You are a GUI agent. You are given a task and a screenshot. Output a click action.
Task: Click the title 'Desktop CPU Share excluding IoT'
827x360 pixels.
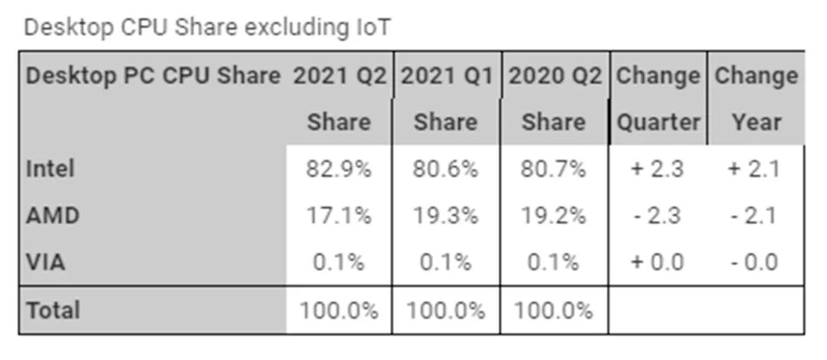tap(207, 27)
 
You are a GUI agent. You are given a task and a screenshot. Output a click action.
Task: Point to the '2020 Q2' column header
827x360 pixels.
tap(554, 76)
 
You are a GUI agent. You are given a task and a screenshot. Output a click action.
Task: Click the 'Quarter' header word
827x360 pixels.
tap(658, 122)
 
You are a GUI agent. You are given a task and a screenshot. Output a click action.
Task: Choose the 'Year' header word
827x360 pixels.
tap(757, 122)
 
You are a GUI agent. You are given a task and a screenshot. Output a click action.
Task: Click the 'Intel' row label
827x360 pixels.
tap(51, 169)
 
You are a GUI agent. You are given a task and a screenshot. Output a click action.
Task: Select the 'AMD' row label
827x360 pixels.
tap(53, 215)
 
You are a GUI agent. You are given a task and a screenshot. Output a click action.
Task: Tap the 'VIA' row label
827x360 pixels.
tap(46, 261)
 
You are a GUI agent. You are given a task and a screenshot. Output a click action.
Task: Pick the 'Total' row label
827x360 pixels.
tap(53, 309)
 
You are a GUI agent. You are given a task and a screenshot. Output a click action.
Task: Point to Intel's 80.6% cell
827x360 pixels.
tap(445, 169)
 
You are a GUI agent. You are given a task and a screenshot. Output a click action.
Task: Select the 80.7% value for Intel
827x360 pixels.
tap(554, 169)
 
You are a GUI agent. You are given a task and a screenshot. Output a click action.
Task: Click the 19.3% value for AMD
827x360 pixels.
tap(445, 215)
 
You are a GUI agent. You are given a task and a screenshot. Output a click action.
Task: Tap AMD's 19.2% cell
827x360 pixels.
tap(554, 215)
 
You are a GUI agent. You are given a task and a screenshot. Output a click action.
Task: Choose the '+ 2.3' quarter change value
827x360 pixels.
tap(658, 169)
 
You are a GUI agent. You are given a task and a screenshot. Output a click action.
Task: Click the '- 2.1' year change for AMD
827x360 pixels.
tap(754, 215)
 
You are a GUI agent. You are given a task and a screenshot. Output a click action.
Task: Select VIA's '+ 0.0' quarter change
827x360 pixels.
tap(658, 261)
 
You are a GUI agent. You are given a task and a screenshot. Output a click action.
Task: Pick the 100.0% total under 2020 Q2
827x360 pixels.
tap(554, 309)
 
